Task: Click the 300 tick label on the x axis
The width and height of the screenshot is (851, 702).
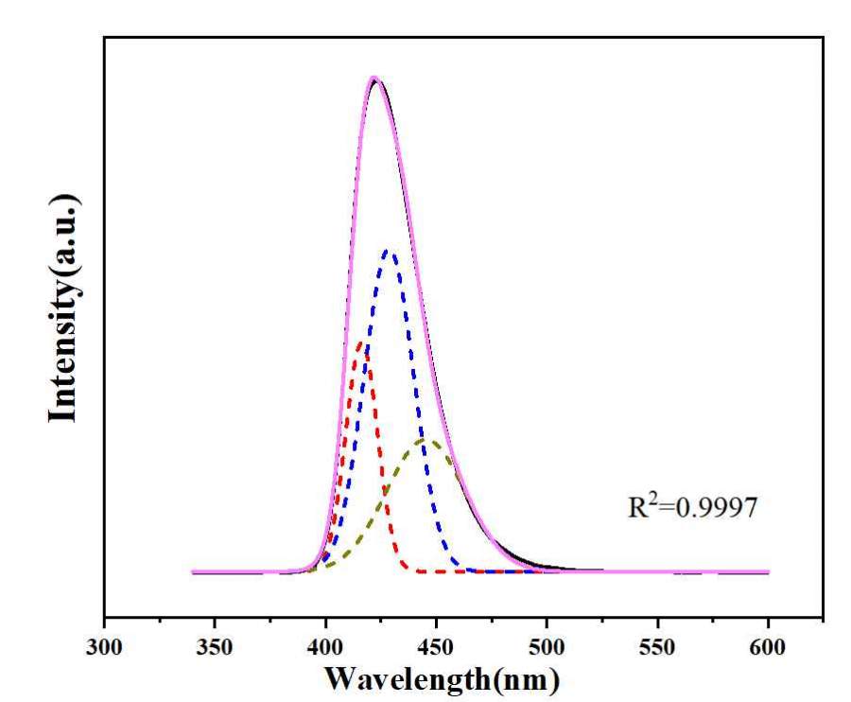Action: coord(104,651)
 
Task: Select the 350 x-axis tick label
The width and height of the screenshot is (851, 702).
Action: coord(215,651)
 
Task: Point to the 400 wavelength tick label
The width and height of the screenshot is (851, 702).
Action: coord(326,651)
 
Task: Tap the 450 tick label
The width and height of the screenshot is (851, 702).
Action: coord(436,651)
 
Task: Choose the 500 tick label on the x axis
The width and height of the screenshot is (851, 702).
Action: coord(547,651)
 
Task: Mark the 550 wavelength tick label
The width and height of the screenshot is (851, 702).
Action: coord(657,651)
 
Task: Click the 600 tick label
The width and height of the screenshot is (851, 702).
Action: coord(768,651)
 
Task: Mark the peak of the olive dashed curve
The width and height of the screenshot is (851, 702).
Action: coord(423,440)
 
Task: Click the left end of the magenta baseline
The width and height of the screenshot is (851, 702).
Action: coord(193,571)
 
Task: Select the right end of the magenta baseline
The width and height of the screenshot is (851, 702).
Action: coord(768,571)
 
